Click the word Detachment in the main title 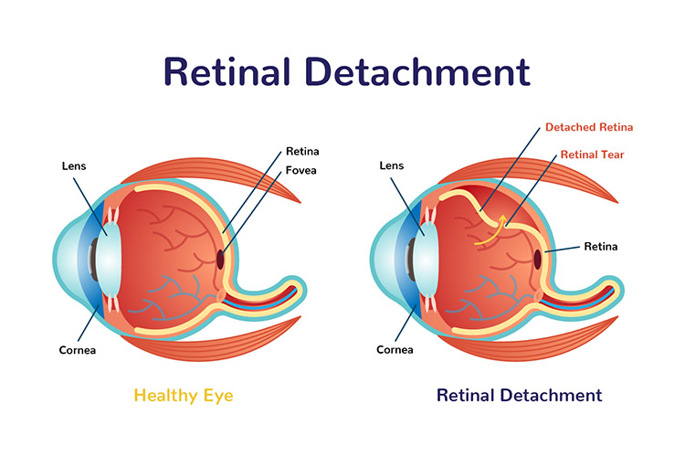417,71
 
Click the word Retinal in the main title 227,71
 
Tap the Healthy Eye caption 184,396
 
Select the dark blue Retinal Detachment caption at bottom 520,396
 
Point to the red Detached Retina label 589,127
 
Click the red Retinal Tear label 593,154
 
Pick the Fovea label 301,170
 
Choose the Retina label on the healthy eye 302,152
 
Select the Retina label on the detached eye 601,247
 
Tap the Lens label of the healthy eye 74,166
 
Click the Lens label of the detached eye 392,165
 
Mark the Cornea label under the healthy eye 78,350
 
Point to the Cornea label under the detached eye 395,350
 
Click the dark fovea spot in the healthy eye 220,260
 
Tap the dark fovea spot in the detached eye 537,260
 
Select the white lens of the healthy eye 109,260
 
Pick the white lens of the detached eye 426,260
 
